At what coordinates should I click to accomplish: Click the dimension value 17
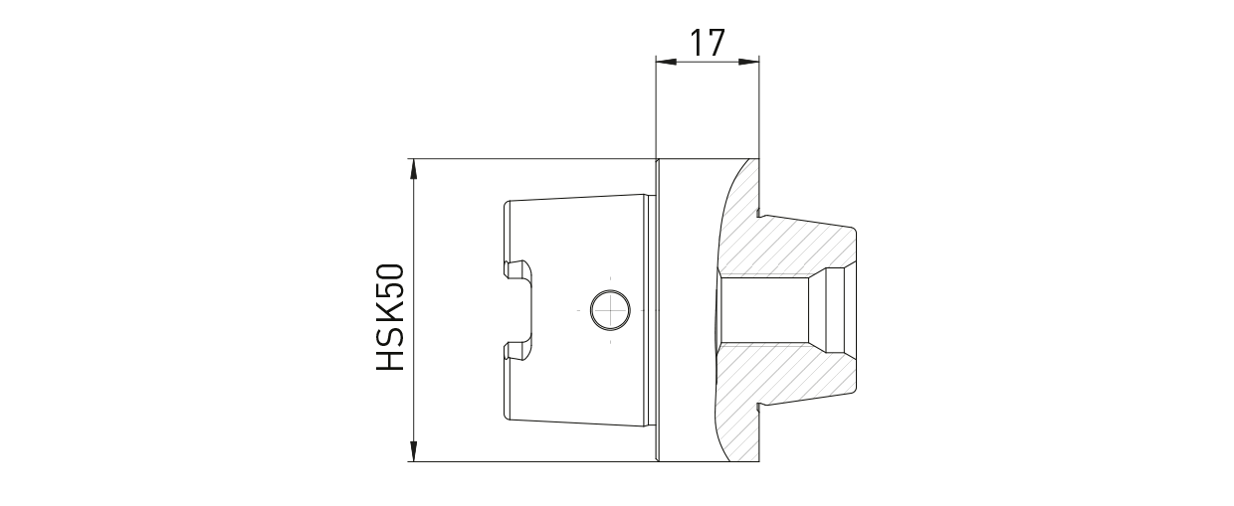[x=707, y=43]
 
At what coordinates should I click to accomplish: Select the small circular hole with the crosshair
[x=609, y=310]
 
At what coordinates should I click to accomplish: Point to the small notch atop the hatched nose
[x=759, y=212]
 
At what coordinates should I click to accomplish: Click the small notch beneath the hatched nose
[x=759, y=407]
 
